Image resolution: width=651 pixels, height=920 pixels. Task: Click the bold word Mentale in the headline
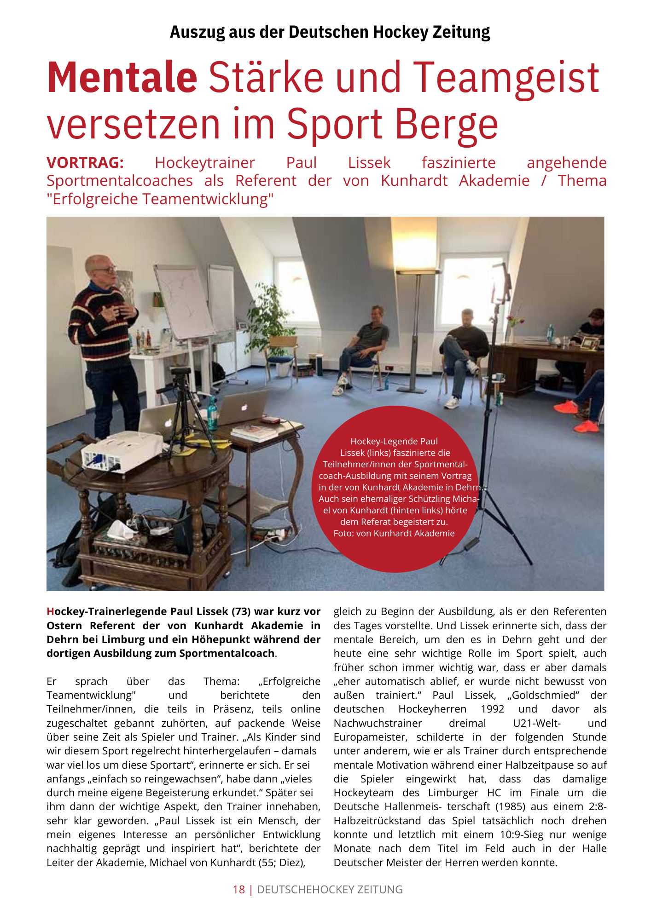(122, 77)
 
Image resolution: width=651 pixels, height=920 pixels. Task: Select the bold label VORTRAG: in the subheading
(85, 163)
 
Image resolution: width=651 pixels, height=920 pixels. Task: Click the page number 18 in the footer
(239, 890)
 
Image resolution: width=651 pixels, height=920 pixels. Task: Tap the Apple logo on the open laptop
(244, 407)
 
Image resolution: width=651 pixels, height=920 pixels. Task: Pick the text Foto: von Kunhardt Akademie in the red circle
(394, 534)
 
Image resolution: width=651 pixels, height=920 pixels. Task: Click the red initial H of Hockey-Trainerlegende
(50, 612)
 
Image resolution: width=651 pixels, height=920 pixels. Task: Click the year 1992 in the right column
(493, 709)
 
